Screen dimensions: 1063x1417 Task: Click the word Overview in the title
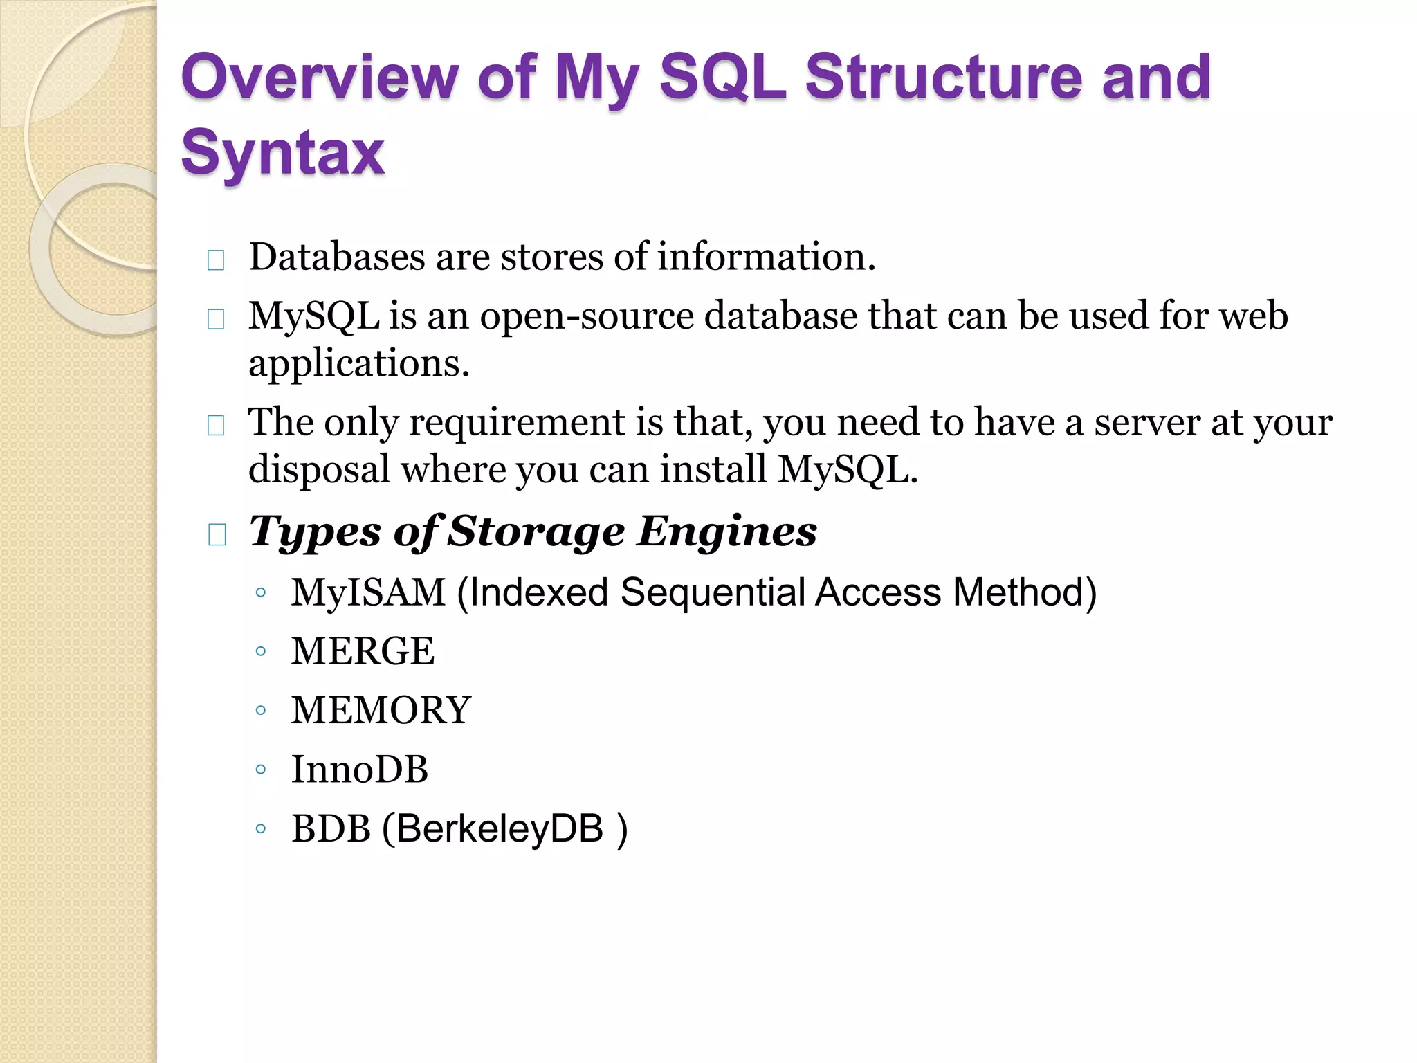click(320, 78)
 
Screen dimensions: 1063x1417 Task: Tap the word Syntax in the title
click(282, 153)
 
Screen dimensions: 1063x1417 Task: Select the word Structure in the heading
click(943, 78)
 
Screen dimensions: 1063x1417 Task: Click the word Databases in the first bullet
click(336, 257)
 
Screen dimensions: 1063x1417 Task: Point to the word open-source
click(587, 316)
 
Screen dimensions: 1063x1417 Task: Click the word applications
click(358, 364)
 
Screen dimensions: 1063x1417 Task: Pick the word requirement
click(517, 422)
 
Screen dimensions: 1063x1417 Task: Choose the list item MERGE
click(363, 651)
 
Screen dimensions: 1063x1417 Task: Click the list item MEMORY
click(381, 710)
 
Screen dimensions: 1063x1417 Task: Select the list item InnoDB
click(360, 770)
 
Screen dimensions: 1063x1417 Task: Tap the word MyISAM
click(368, 593)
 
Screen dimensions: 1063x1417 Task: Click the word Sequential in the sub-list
click(712, 593)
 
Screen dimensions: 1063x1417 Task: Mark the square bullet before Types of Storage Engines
click(217, 534)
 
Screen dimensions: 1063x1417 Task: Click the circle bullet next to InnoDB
click(260, 770)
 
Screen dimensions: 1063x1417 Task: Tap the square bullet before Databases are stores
click(216, 260)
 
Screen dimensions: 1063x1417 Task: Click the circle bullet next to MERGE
click(260, 651)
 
